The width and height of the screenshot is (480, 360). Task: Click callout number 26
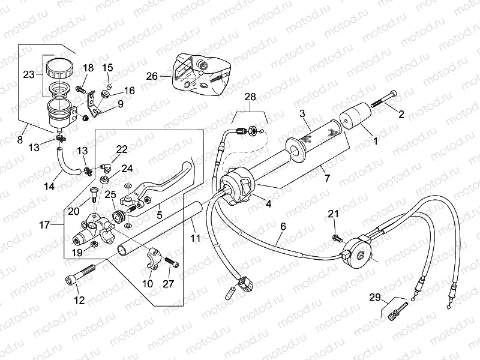[x=152, y=76]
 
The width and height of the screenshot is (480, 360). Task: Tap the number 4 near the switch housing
[x=268, y=203]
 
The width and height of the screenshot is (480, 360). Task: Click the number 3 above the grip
[x=303, y=114]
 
